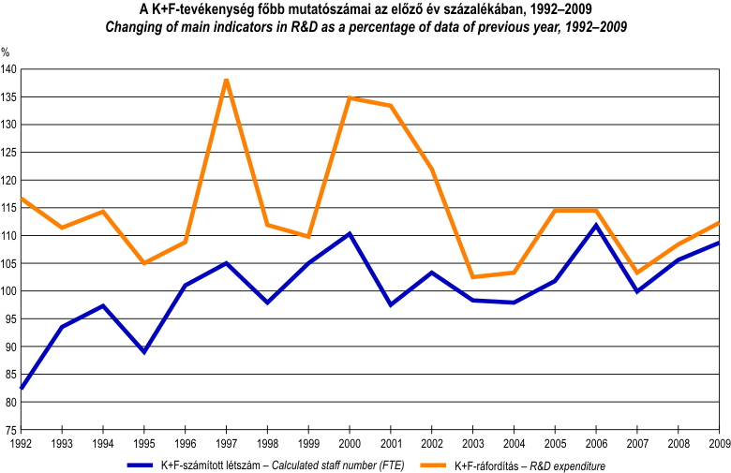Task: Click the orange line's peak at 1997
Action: tap(226, 81)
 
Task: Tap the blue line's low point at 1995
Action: tap(143, 352)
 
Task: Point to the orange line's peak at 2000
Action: tap(350, 98)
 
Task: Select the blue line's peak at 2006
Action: tap(596, 225)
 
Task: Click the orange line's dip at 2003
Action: tap(473, 276)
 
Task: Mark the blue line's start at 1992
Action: tap(22, 388)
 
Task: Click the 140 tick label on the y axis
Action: tap(8, 69)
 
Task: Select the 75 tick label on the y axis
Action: tap(10, 430)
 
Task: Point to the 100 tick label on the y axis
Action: tap(8, 291)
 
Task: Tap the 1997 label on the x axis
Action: tap(226, 443)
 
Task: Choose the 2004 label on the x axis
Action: tap(514, 443)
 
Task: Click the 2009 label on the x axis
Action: tap(719, 443)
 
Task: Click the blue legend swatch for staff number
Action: tap(151, 464)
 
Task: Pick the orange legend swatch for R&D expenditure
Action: tap(430, 464)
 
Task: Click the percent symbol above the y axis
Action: tap(6, 52)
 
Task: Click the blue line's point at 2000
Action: tap(350, 233)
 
